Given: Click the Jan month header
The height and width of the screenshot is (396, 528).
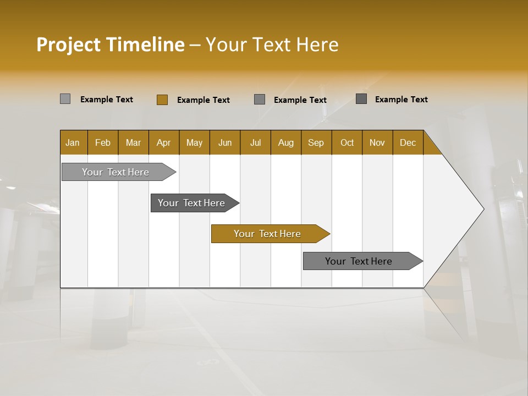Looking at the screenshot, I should point(73,142).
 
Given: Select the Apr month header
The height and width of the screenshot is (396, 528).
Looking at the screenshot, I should point(164,142).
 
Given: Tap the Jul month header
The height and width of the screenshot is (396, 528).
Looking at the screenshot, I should point(255,142).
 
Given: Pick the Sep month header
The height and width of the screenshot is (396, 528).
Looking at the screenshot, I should point(316,142).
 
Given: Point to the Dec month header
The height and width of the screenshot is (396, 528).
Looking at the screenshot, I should point(408,142).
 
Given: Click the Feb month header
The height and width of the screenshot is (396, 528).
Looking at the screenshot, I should point(103,142).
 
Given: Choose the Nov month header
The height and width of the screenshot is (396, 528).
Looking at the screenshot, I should point(377,142).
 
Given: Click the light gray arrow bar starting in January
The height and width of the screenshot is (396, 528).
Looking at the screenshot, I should point(116,172).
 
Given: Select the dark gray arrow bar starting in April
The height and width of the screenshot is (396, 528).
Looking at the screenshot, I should point(192,203).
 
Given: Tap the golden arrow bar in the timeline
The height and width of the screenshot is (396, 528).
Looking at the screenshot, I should point(268,234).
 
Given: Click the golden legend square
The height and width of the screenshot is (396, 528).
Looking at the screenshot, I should point(162,100).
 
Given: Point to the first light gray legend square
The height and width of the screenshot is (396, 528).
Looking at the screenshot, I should point(65,99).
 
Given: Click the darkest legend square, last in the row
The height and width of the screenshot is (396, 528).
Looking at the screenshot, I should point(361,99).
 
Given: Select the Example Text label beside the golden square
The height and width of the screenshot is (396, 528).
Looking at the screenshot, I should point(203,100).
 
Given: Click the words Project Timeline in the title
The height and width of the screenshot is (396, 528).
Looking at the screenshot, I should point(110,45).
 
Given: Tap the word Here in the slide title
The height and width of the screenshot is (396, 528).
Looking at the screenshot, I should point(317,45).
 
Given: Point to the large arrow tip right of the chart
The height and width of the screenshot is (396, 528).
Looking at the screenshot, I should point(468,209).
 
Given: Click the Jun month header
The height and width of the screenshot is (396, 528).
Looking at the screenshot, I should point(225,142).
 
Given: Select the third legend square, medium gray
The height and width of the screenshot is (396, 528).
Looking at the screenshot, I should point(260,100).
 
